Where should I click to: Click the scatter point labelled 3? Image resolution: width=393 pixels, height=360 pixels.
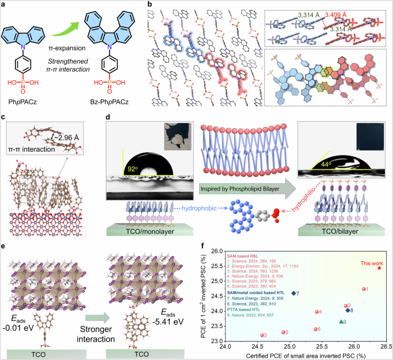[x=262, y=335]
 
